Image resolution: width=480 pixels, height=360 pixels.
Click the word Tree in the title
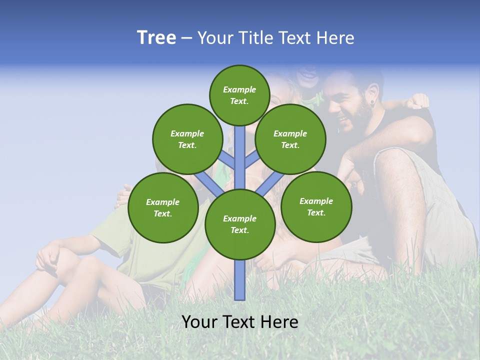point(156,38)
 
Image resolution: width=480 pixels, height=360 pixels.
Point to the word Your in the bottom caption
point(199,322)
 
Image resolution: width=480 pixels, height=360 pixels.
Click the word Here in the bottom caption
point(280,322)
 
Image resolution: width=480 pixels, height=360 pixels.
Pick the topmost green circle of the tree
point(239,95)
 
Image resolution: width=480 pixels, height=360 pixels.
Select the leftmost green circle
point(163,208)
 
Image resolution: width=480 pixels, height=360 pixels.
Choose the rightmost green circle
point(316,207)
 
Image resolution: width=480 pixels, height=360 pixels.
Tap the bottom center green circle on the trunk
point(240,224)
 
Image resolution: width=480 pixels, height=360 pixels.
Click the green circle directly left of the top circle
point(187,139)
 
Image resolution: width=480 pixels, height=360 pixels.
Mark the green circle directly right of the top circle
point(290,139)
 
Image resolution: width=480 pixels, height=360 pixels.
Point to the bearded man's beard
point(353,123)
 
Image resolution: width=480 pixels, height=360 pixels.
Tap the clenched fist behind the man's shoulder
point(417,101)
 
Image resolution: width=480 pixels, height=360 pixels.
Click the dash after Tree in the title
point(186,38)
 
